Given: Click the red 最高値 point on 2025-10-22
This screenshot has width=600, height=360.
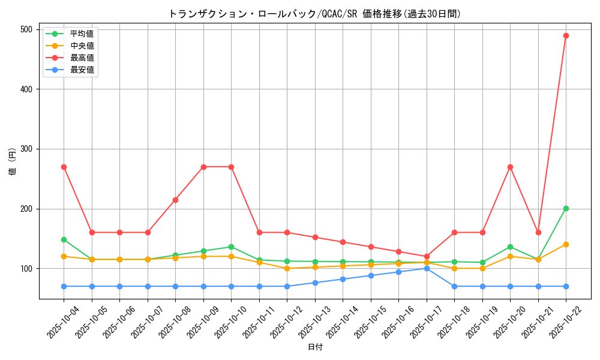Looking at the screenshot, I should pos(566,35).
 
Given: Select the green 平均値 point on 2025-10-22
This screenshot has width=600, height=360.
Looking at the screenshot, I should pos(566,209).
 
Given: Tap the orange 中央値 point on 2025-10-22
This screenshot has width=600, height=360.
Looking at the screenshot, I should pos(566,244).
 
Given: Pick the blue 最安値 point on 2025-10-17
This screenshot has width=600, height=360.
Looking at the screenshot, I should pos(427,268).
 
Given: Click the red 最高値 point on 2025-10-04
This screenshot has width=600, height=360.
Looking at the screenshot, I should pos(64,167).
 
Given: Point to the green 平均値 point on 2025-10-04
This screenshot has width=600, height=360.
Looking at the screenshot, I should pos(64,239).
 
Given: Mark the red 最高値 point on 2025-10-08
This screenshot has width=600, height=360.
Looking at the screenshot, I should pos(175,200).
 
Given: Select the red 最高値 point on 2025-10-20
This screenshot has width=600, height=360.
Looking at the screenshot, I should pos(510,167).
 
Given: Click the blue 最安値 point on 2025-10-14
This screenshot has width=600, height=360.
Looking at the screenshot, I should pos(343,279).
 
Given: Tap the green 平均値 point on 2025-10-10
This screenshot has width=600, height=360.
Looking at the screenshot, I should pos(231,247).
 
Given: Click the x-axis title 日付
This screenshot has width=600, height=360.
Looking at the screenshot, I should pos(315,347).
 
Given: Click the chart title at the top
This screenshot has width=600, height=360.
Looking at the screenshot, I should pos(315,14).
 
